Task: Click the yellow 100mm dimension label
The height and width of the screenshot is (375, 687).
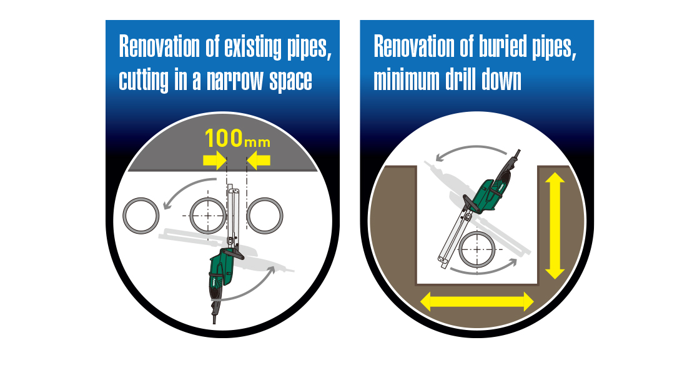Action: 237,138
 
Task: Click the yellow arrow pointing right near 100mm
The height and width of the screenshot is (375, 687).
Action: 214,161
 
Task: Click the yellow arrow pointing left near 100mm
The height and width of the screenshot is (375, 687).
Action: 259,161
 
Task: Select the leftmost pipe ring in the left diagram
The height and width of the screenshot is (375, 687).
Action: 141,216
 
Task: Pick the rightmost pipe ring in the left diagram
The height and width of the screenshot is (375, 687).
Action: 265,216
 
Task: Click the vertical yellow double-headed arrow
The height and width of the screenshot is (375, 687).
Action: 555,226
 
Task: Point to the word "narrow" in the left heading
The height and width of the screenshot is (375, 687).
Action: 235,80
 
